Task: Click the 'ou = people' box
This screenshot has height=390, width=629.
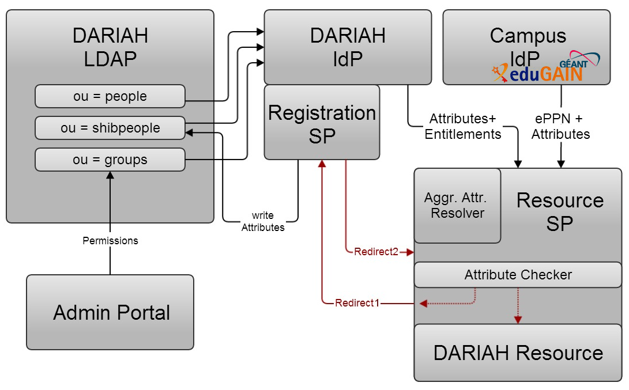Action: tap(110, 96)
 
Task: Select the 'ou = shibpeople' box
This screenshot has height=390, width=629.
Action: tap(110, 128)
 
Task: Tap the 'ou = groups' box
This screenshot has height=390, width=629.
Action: tap(110, 160)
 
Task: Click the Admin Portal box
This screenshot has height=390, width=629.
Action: tap(110, 312)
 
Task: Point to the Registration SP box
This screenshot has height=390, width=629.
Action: tap(322, 123)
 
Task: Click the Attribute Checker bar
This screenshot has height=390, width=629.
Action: tap(518, 275)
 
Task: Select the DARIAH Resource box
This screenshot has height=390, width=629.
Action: tap(518, 353)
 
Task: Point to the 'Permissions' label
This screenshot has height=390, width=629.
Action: tap(110, 241)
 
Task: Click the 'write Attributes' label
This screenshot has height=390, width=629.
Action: tap(263, 222)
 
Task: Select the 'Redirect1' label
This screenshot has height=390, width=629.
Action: tap(357, 303)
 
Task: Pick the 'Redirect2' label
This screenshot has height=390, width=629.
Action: tap(376, 252)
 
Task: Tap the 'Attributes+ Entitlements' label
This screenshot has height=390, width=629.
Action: tap(463, 127)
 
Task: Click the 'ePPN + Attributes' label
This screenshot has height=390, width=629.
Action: tap(560, 127)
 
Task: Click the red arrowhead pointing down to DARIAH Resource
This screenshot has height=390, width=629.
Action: tap(518, 319)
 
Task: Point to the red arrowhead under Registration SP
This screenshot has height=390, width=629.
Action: tap(322, 164)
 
